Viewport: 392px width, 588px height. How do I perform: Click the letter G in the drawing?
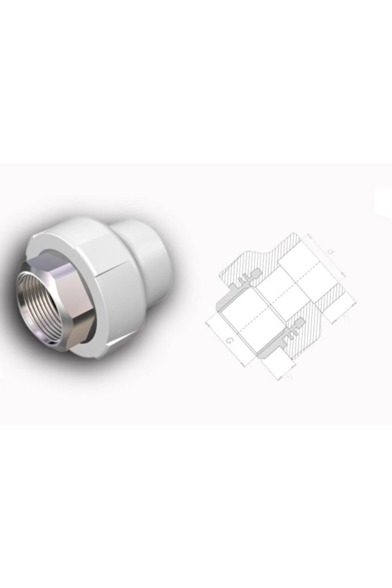(x=230, y=341)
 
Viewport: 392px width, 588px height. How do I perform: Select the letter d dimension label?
(x=331, y=252)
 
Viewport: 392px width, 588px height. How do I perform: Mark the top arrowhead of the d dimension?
(x=307, y=235)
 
